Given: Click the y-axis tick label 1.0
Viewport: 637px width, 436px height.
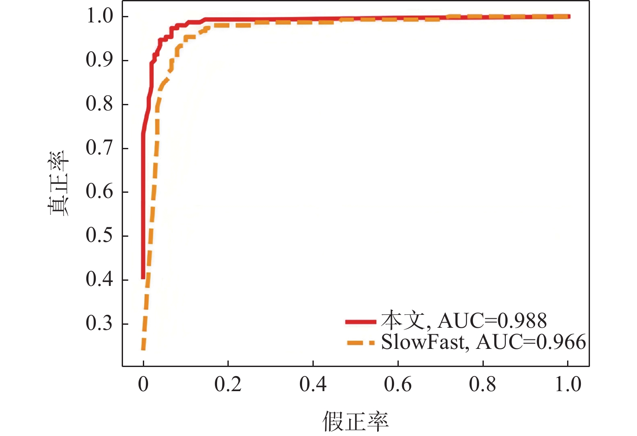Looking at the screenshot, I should click(x=99, y=16).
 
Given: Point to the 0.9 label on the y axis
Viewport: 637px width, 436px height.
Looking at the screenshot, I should click(x=99, y=60).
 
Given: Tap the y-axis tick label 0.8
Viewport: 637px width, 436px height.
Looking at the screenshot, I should click(x=99, y=104).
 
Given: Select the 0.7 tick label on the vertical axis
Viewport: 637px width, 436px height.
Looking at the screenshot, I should click(x=99, y=148).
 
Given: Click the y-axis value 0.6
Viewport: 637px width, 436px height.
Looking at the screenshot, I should click(x=99, y=191).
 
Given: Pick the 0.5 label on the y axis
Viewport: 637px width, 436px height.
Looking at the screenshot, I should click(x=99, y=235).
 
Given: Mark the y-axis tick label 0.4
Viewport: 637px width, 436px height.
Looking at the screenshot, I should click(x=99, y=279).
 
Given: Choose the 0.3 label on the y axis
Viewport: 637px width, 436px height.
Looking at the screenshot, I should click(x=99, y=323).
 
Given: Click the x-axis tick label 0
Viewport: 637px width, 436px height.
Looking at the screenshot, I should click(x=143, y=384).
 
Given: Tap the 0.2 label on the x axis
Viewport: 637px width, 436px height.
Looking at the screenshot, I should click(x=228, y=384).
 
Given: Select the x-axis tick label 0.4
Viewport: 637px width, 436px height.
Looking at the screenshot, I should click(x=313, y=384).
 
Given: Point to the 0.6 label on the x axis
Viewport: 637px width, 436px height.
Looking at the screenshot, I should click(x=397, y=384).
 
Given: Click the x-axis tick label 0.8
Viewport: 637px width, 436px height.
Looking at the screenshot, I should click(x=482, y=384).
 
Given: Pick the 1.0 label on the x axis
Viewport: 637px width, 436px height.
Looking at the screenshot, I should click(x=568, y=384).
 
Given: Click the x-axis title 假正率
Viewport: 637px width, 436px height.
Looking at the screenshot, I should click(x=355, y=421).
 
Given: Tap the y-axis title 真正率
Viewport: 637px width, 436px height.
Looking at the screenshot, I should click(x=59, y=183).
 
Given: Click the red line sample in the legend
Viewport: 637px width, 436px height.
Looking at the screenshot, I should click(x=361, y=322).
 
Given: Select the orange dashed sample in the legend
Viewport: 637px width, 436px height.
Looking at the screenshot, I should click(x=361, y=343).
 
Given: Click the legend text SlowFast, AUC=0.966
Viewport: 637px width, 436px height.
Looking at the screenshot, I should click(x=483, y=342).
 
